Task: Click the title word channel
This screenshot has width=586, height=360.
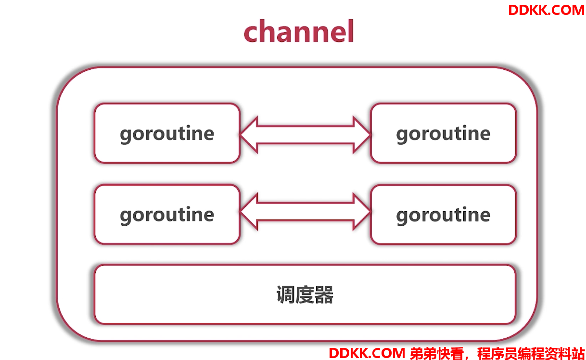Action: [299, 31]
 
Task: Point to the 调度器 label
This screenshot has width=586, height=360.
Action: [305, 295]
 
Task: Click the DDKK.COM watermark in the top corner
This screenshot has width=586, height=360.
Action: [546, 10]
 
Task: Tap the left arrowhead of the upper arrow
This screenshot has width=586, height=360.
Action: [249, 135]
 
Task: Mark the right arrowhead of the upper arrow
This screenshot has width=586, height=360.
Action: [362, 135]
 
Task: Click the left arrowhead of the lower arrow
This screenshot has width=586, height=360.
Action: [249, 212]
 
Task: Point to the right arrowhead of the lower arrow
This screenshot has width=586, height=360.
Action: [362, 212]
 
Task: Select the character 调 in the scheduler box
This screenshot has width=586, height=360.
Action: [286, 295]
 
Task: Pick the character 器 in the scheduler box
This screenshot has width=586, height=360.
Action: [324, 295]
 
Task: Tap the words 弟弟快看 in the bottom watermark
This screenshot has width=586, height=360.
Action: [437, 353]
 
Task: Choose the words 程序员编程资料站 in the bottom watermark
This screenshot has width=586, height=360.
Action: [531, 353]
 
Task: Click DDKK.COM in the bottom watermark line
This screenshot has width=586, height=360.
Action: [367, 353]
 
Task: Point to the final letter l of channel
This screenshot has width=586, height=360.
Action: [351, 31]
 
